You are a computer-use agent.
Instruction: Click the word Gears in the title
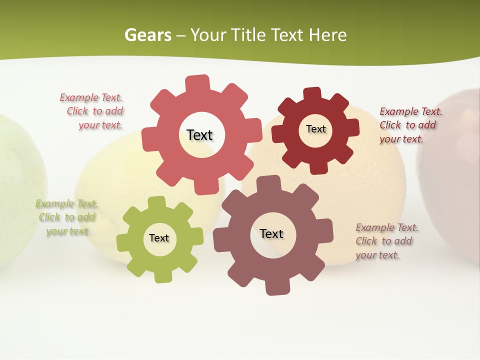[x=147, y=35]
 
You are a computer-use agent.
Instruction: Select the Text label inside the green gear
[x=159, y=238]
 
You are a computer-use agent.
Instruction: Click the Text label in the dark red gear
[x=315, y=129]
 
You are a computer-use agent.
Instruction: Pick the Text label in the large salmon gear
[x=199, y=135]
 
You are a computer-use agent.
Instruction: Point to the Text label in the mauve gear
[x=271, y=233]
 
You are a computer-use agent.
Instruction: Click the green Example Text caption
[x=66, y=217]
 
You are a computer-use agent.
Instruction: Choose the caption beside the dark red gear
[x=410, y=125]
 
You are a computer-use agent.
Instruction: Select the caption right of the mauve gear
[x=386, y=241]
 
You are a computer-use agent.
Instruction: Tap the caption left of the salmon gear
[x=93, y=111]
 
